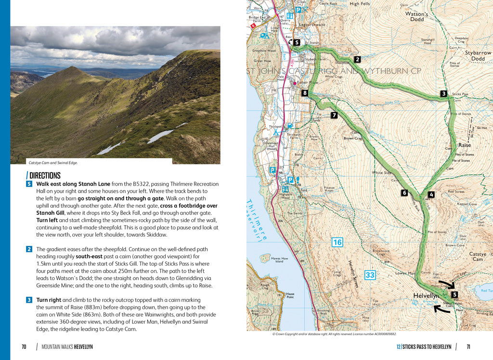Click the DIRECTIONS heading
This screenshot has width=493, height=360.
pos(44,175)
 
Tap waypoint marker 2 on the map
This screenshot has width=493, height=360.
pos(357,60)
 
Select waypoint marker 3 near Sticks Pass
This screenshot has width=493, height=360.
pos(443,93)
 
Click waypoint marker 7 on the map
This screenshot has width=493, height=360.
pos(334,115)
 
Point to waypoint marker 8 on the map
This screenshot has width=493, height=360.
pos(304,93)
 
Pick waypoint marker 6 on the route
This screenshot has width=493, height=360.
pos(404,193)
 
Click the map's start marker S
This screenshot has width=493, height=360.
pos(297,43)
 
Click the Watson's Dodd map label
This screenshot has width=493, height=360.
pos(415,17)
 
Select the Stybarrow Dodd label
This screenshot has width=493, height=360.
pos(478,55)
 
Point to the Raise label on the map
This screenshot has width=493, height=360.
pos(465,145)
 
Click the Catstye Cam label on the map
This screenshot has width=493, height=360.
pos(478,257)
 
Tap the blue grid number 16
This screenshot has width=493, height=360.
pos(337,242)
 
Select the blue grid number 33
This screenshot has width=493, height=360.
pos(370,275)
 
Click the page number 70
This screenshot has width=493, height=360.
pos(24,347)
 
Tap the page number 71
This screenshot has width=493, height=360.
pos(468,347)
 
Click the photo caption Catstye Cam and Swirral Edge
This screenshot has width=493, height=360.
pos(53,163)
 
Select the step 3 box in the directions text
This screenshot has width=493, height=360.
pos(29,300)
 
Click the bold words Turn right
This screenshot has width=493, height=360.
pos(49,300)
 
